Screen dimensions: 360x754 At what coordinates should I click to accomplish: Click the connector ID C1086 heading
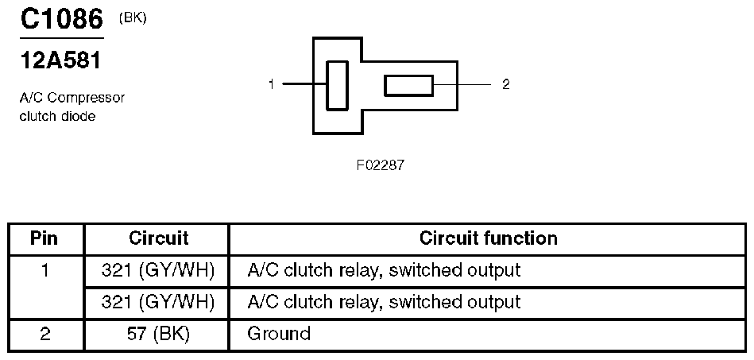click(x=62, y=19)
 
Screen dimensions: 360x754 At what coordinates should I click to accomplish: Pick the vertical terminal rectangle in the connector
click(x=337, y=85)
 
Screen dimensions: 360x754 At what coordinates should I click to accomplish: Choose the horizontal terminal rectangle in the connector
click(x=408, y=85)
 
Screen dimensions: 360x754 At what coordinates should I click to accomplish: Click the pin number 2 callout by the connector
click(x=506, y=84)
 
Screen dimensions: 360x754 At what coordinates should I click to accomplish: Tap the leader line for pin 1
click(x=304, y=84)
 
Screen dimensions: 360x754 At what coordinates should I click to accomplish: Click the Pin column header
click(x=45, y=238)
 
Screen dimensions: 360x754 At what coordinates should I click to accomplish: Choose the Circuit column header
click(x=158, y=238)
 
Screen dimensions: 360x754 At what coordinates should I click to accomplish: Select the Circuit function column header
click(x=488, y=238)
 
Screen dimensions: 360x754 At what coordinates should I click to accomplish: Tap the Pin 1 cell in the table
click(x=45, y=270)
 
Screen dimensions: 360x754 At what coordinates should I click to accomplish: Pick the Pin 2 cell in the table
click(x=45, y=334)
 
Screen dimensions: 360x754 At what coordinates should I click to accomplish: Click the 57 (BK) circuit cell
click(x=158, y=334)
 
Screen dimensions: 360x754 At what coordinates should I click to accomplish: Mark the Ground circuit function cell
click(x=488, y=334)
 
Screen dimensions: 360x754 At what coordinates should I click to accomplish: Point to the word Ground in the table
click(x=279, y=334)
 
